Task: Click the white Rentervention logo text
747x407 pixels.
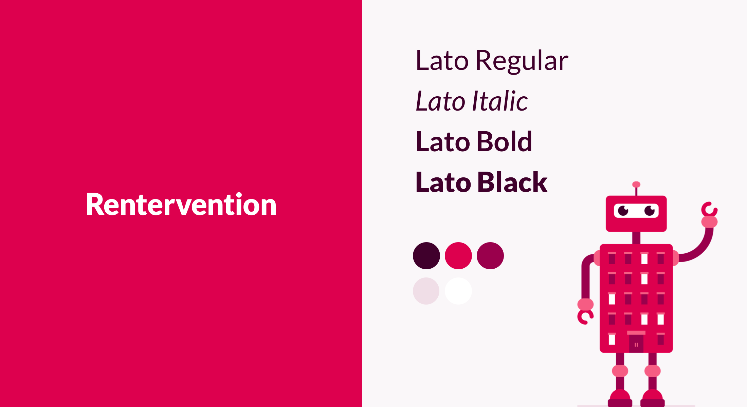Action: point(181,204)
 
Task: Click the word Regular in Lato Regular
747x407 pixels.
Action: point(522,61)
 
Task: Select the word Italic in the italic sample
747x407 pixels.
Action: point(500,101)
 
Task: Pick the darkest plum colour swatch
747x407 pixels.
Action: point(426,256)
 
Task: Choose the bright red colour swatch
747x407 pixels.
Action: point(458,256)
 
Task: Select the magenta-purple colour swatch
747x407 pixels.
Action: point(490,256)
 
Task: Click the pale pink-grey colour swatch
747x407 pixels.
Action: point(426,291)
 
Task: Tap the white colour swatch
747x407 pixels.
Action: point(458,291)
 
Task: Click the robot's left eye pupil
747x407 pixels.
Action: point(623,211)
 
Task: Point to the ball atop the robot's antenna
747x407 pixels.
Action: point(636,185)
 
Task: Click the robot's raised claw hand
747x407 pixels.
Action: point(710,210)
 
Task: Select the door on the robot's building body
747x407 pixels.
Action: point(636,343)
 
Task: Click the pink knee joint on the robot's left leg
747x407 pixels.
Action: point(620,371)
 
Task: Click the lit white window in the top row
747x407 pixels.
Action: point(644,259)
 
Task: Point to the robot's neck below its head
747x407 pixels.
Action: point(636,238)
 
